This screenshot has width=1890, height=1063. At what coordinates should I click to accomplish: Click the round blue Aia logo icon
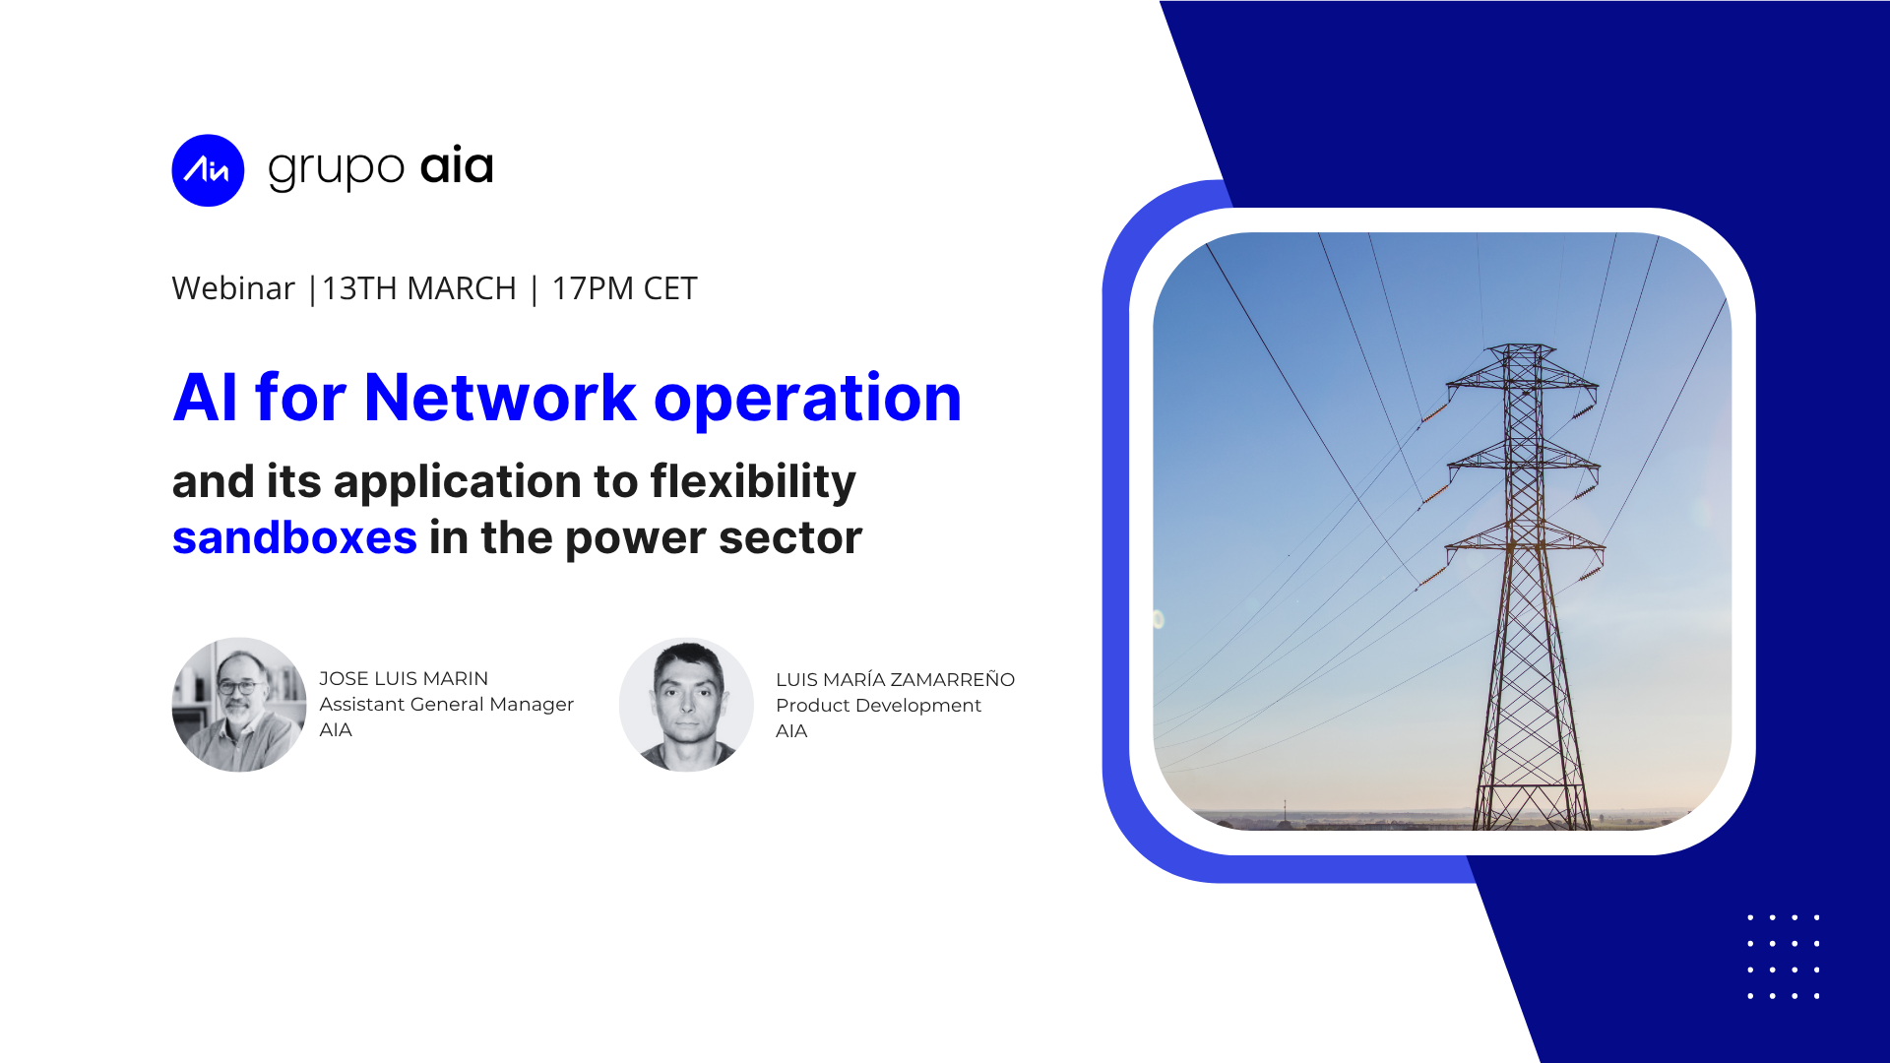(208, 170)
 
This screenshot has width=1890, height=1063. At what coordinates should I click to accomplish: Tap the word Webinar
(233, 288)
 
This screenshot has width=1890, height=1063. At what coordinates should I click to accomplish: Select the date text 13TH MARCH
(418, 288)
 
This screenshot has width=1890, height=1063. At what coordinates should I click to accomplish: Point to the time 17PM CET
(624, 288)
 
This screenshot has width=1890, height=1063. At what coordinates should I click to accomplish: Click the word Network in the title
(500, 398)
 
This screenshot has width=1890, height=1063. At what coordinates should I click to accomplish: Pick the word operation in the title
(807, 400)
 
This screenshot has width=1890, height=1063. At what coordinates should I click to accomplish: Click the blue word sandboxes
(294, 537)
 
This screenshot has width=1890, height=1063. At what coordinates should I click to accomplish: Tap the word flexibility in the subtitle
(753, 482)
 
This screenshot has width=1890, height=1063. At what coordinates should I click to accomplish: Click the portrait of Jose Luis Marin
(239, 705)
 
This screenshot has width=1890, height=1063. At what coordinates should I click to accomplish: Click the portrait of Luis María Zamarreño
(686, 705)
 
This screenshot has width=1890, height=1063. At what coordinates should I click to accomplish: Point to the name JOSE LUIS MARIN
(404, 678)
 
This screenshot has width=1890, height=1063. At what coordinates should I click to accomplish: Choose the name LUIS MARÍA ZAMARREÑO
(895, 679)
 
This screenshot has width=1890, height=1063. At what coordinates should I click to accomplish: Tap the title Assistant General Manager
(446, 705)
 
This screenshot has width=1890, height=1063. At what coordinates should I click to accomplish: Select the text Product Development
(878, 706)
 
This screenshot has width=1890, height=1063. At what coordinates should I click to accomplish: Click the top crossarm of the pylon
(1522, 379)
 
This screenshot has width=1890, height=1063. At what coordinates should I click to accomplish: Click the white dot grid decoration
(1783, 957)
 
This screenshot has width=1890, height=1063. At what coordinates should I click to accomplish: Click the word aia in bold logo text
(457, 165)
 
